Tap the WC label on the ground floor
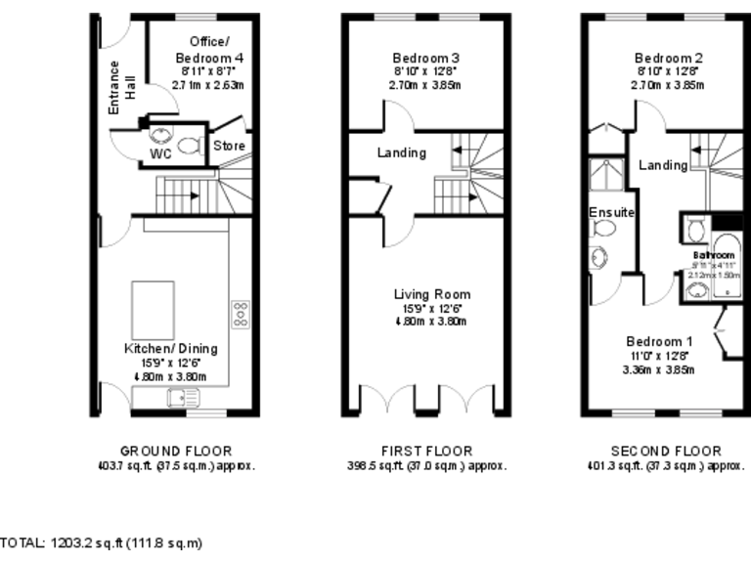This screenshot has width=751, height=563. pos(160,154)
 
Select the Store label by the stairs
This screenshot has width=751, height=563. pos(229,147)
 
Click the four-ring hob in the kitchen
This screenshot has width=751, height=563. pos(240,313)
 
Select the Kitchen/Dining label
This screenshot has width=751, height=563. pos(170,349)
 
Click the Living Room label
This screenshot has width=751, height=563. pos(431,294)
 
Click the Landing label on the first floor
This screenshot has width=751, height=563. pos(401,153)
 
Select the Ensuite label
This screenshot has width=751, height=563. pos(612,212)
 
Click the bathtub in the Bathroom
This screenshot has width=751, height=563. pos(728,262)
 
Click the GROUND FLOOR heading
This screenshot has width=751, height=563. pos(176,452)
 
